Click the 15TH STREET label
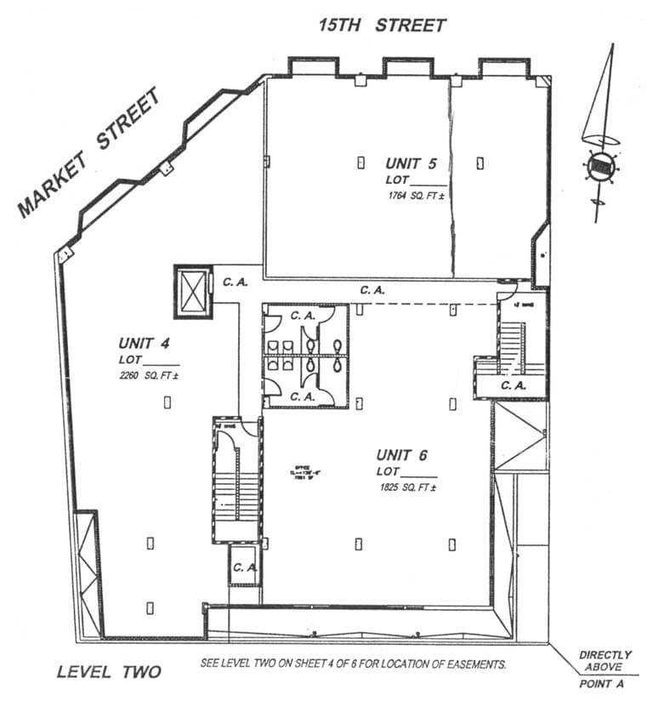coord(382,25)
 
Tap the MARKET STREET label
coord(89,153)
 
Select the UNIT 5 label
coord(412,163)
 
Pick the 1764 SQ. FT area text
coord(416,196)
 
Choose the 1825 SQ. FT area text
coord(410,488)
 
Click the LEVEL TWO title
coord(109,672)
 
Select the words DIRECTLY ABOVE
coord(605,661)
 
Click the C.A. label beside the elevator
coord(235,282)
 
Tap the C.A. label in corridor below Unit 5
coord(372,290)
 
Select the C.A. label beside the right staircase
coord(514,385)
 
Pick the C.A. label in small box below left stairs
coord(245,567)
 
